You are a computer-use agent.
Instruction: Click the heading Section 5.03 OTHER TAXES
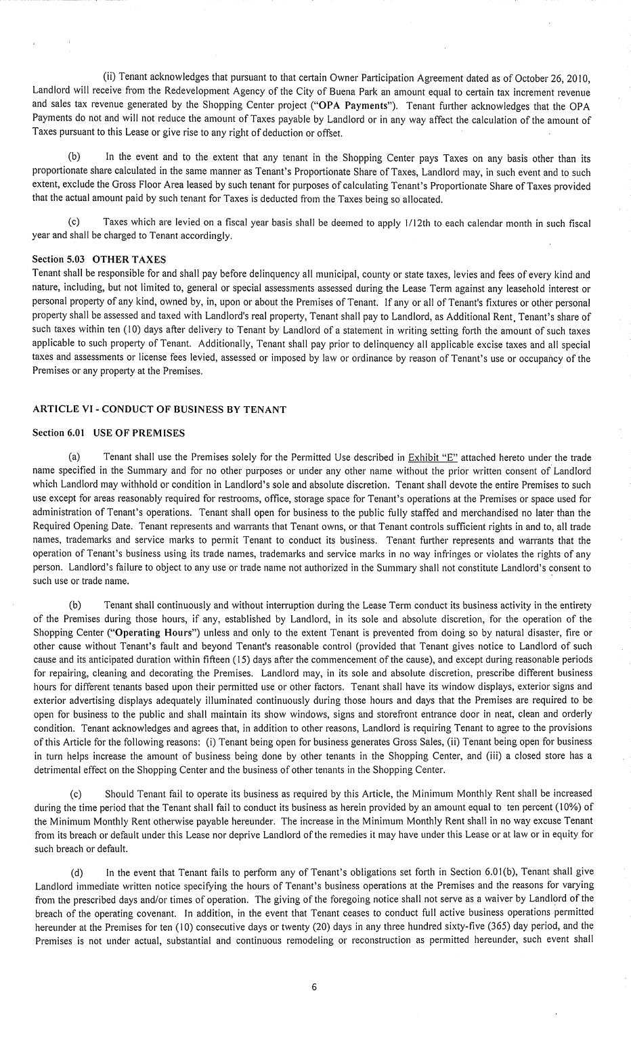point(99,259)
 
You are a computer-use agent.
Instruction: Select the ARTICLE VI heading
point(159,409)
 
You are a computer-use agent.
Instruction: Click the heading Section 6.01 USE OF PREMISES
point(108,433)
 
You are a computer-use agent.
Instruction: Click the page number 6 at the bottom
point(314,987)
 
